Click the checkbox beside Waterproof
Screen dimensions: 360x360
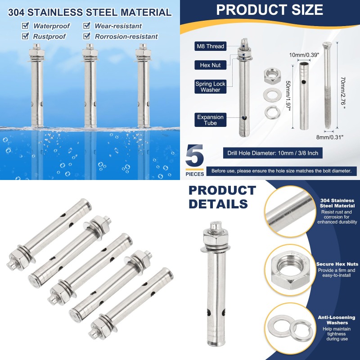25,26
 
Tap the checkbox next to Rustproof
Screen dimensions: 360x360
25,36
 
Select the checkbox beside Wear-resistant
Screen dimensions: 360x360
87,26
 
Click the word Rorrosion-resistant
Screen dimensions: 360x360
126,36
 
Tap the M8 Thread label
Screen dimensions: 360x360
210,46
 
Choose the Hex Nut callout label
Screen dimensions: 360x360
210,65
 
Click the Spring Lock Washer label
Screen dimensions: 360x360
210,86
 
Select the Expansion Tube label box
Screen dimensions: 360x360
210,120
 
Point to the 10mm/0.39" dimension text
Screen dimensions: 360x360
304,55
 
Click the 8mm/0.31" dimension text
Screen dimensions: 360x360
330,137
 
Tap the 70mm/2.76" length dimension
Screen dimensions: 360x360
343,93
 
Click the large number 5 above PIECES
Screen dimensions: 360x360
195,156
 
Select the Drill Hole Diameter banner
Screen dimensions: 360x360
273,153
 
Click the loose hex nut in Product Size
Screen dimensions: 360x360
272,76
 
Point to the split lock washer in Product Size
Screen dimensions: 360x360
272,112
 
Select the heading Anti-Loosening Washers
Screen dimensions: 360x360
337,320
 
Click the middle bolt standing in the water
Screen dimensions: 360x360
90,85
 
